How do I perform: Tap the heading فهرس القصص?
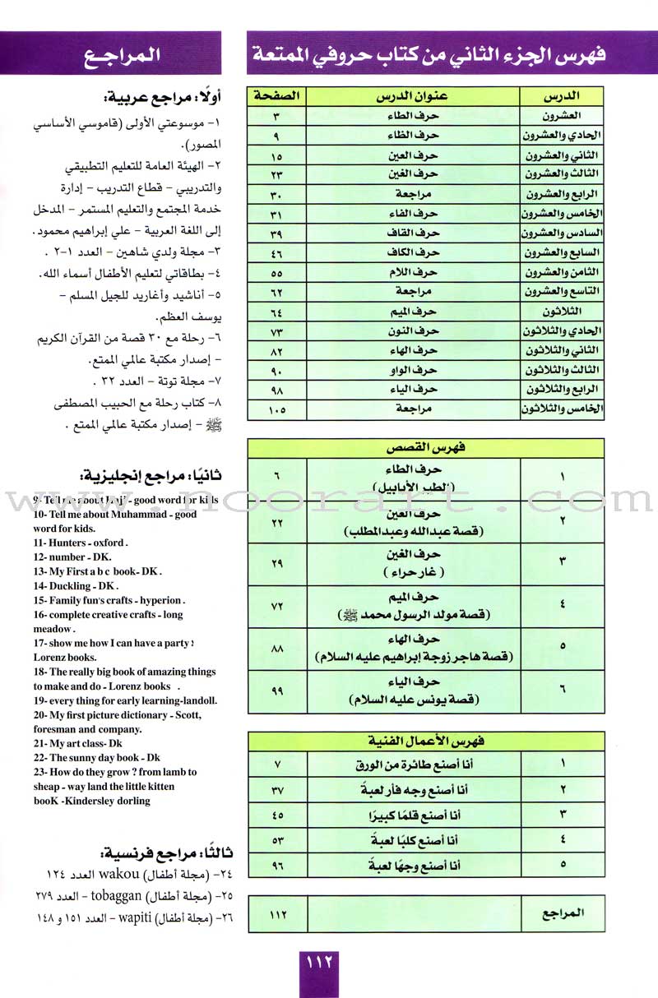tap(425, 447)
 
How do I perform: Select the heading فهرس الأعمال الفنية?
tap(425, 741)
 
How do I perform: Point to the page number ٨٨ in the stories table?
tap(276, 649)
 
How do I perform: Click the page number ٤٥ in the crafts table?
tap(276, 815)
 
